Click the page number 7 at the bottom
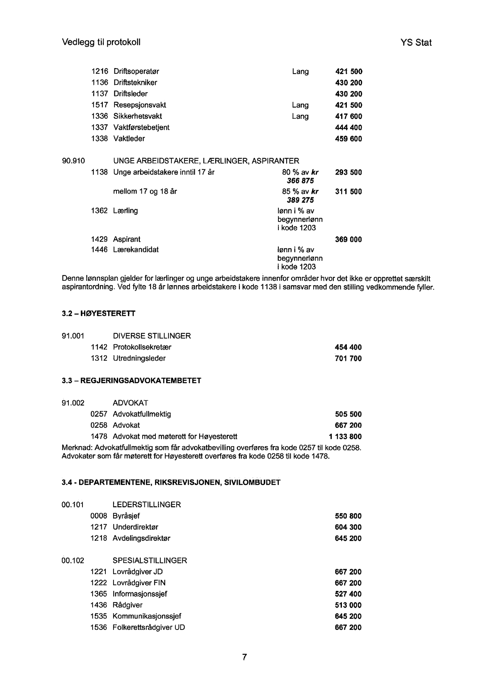[x=244, y=657]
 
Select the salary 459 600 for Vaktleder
[x=348, y=139]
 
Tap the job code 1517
[x=99, y=105]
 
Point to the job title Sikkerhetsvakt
[x=137, y=116]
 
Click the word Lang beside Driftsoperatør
[x=300, y=72]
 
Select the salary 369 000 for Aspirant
[x=348, y=240]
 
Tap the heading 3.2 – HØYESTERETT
[x=98, y=314]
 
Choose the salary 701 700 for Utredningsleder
[x=348, y=359]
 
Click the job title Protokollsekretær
[x=142, y=347]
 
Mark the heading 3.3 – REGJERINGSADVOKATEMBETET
[x=131, y=381]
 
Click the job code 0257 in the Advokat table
[x=99, y=414]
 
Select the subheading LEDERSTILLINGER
[x=146, y=505]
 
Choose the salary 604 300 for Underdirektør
[x=348, y=527]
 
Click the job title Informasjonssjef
[x=140, y=594]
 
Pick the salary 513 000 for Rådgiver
[x=348, y=605]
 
